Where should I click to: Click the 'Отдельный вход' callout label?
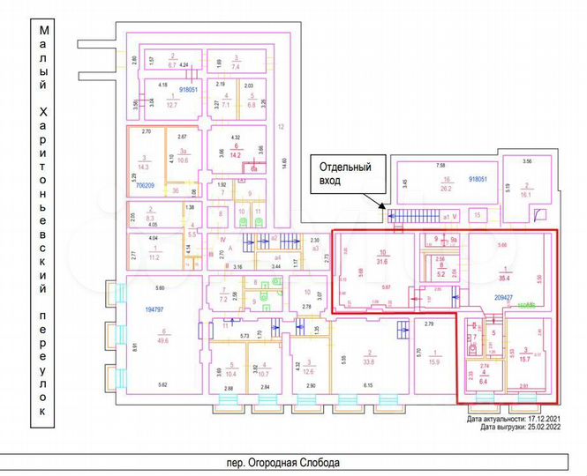pyautogui.click(x=345, y=173)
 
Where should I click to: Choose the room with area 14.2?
pyautogui.click(x=235, y=151)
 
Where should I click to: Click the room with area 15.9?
pyautogui.click(x=433, y=361)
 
